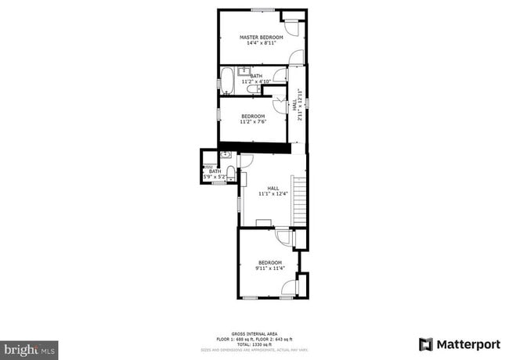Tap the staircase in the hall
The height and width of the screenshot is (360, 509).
[299, 200]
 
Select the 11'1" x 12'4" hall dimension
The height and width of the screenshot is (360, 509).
[273, 193]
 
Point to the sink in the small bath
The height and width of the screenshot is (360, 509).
[226, 155]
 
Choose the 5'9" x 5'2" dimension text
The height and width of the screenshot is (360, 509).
[215, 178]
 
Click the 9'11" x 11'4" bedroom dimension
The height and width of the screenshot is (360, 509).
[269, 268]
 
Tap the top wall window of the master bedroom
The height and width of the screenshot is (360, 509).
[262, 10]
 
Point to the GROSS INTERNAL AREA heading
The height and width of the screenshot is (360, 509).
[254, 333]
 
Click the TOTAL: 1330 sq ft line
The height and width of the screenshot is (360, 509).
[254, 344]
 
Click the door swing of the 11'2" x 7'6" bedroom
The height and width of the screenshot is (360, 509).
[279, 104]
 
